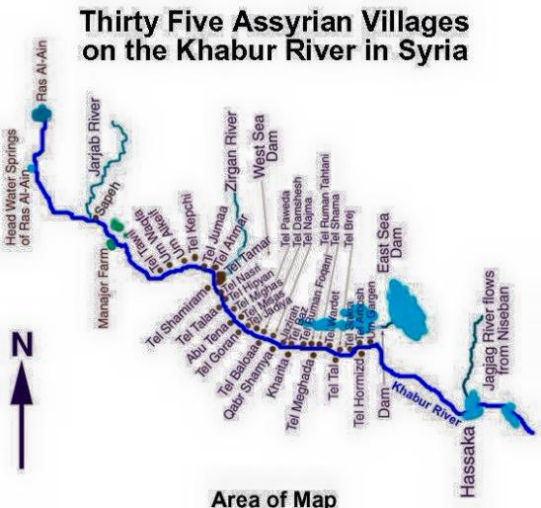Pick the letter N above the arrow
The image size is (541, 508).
pos(22,347)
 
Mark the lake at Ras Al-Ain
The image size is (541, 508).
pos(42,115)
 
